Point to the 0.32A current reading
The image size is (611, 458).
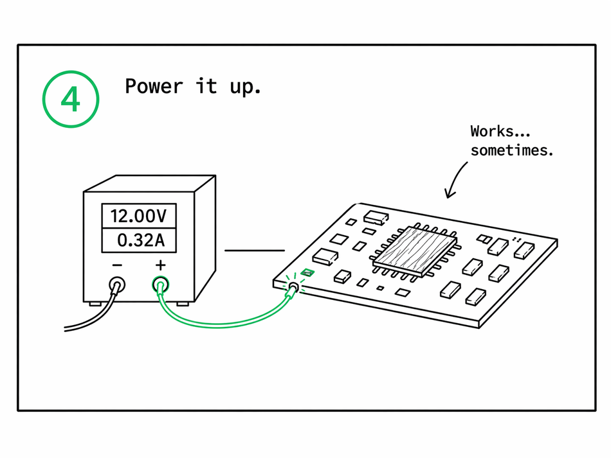pyautogui.click(x=140, y=241)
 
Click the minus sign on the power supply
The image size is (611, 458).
pyautogui.click(x=117, y=265)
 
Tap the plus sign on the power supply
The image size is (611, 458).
pyautogui.click(x=160, y=265)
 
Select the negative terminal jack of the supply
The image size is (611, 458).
pyautogui.click(x=117, y=285)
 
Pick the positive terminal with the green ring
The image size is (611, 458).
pyautogui.click(x=161, y=284)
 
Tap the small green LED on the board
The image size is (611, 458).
pyautogui.click(x=307, y=272)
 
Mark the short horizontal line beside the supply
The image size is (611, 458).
pyautogui.click(x=255, y=250)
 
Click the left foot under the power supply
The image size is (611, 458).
pyautogui.click(x=95, y=303)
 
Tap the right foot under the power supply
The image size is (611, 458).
pyautogui.click(x=183, y=303)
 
